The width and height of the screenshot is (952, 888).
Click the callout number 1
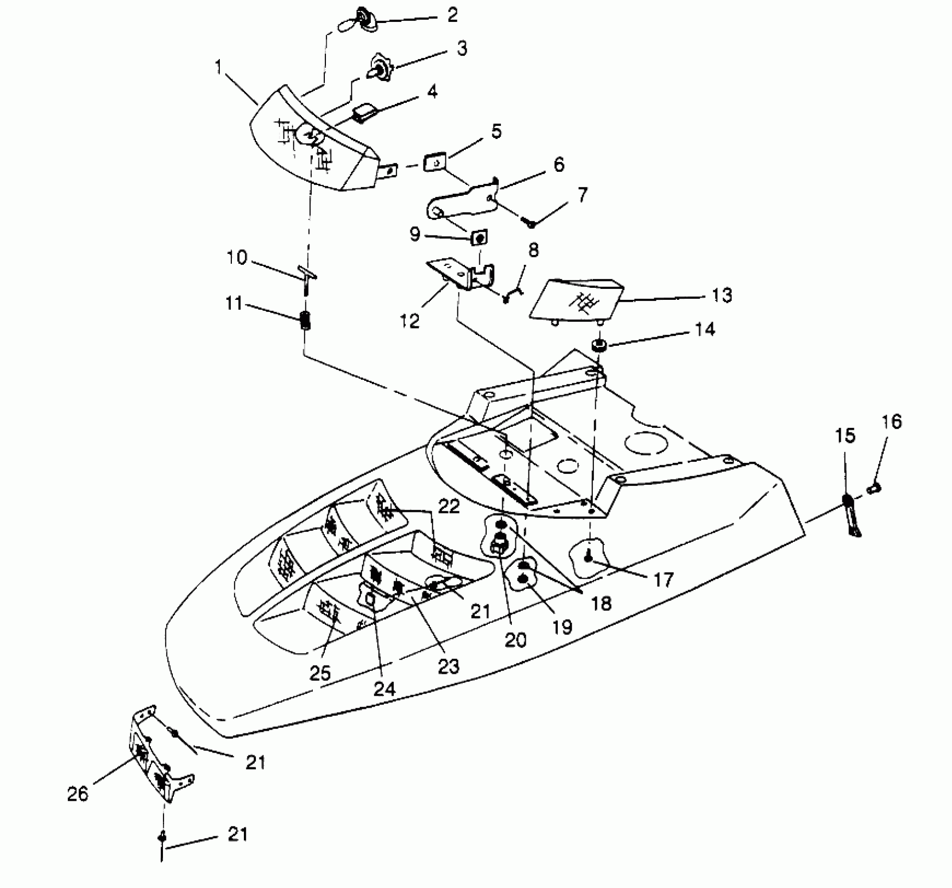tap(218, 67)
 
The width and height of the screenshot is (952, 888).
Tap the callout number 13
tap(722, 295)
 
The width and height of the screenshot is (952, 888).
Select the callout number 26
tap(78, 794)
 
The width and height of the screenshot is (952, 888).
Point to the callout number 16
tap(892, 422)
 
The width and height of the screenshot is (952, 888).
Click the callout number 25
tap(320, 673)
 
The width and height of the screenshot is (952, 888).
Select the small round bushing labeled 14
tap(598, 345)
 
